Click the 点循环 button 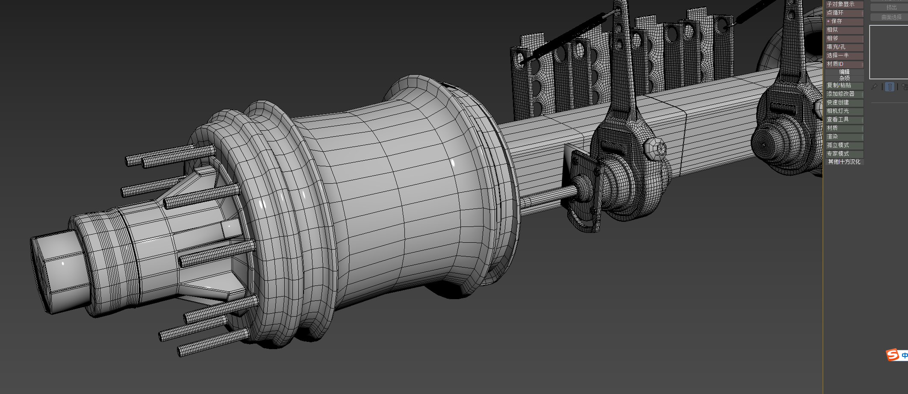(844, 13)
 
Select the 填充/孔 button (844, 47)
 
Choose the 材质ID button (844, 64)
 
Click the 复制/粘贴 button (844, 85)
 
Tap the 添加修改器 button (844, 94)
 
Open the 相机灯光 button (844, 111)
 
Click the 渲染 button (844, 137)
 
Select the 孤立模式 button (844, 145)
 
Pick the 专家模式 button (844, 154)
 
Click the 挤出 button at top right (891, 8)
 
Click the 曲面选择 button (891, 18)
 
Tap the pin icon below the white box (875, 87)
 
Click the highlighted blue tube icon (890, 87)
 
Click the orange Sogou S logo (893, 355)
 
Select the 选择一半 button (844, 56)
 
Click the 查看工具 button (844, 120)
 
